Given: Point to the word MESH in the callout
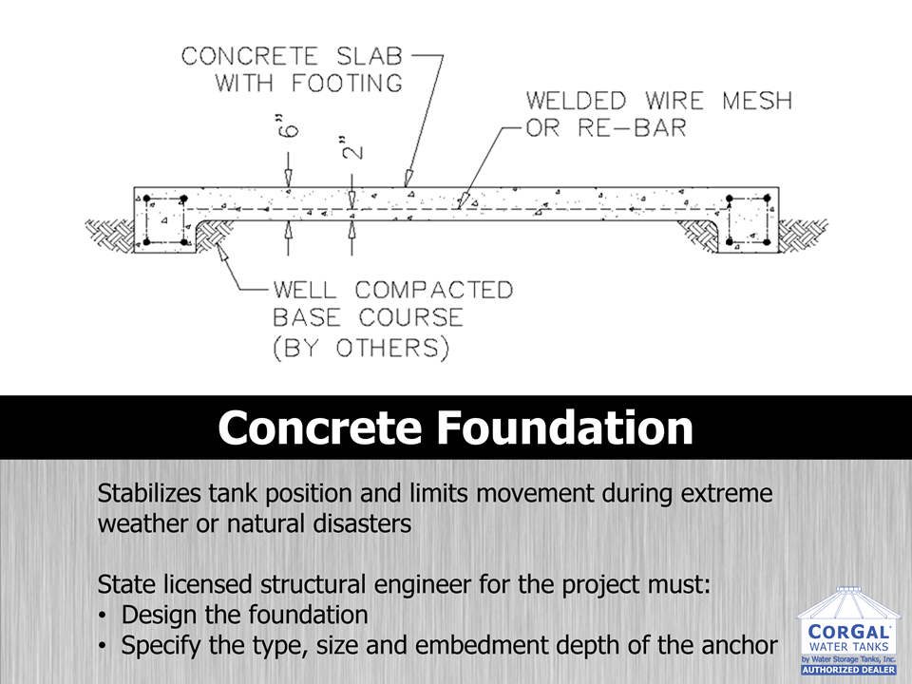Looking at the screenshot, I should tap(757, 100).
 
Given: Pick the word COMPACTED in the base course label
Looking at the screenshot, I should tap(435, 289).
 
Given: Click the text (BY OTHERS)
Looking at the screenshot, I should tap(362, 347).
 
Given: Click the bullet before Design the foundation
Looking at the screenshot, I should tap(103, 614).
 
